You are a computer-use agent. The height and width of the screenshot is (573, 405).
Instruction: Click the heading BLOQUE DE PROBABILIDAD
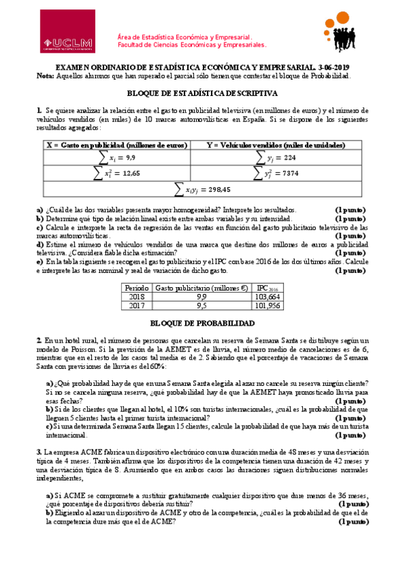coord(202,324)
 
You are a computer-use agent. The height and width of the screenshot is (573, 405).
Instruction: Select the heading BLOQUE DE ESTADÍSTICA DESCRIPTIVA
coord(202,95)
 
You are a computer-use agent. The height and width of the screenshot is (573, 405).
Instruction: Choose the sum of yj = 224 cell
coord(277,157)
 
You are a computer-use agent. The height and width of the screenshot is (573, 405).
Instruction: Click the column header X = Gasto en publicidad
coord(116,145)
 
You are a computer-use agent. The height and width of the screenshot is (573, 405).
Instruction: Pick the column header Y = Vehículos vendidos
coord(277,145)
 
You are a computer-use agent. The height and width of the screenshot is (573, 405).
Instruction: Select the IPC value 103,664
coord(268,296)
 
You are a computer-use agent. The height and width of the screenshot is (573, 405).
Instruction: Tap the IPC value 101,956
coord(268,305)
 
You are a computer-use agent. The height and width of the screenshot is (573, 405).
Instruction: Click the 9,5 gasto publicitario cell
coord(201,305)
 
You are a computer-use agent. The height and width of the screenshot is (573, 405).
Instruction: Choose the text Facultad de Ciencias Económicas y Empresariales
coord(192,45)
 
